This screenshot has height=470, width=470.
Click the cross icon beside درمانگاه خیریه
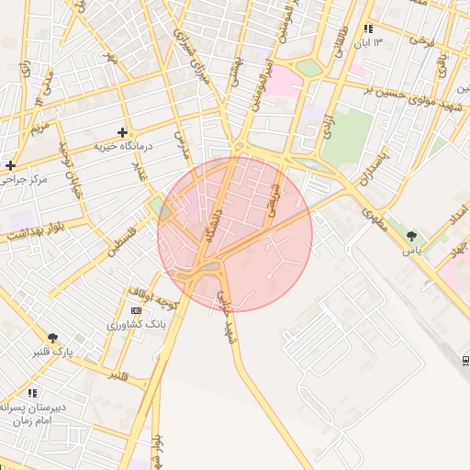pyautogui.click(x=122, y=133)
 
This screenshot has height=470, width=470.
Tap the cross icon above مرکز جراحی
pyautogui.click(x=10, y=165)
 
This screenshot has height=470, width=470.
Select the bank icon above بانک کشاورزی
pyautogui.click(x=137, y=311)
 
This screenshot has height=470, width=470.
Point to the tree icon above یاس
pyautogui.click(x=410, y=236)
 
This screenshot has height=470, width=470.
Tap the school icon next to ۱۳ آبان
pyautogui.click(x=368, y=28)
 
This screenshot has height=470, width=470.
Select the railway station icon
pyautogui.click(x=464, y=360)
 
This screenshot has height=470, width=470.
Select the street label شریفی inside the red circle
pyautogui.click(x=274, y=199)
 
